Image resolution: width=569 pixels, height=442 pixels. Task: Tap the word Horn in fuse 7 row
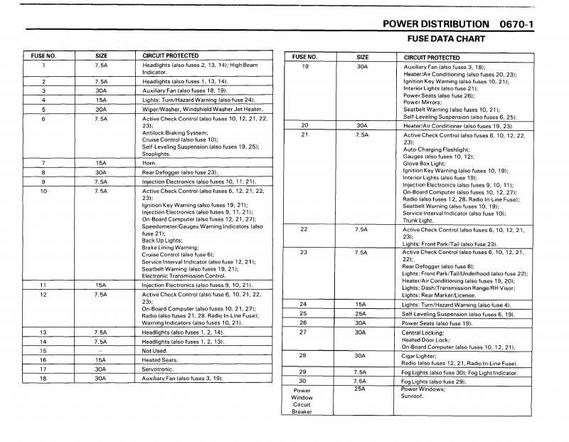tap(149, 163)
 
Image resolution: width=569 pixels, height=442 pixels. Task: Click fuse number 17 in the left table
tap(43, 369)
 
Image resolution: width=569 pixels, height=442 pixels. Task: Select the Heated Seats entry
tap(160, 359)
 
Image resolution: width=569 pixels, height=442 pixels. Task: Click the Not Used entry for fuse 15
tap(154, 350)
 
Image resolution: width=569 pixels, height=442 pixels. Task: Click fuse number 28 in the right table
tap(304, 354)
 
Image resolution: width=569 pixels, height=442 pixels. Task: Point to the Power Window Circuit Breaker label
tap(302, 400)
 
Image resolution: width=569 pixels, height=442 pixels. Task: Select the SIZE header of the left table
tap(101, 56)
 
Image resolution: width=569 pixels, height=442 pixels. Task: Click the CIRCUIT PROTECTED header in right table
tap(432, 57)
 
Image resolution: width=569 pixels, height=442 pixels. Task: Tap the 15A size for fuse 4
tap(101, 100)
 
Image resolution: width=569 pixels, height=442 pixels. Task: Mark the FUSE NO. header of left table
tap(43, 56)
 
